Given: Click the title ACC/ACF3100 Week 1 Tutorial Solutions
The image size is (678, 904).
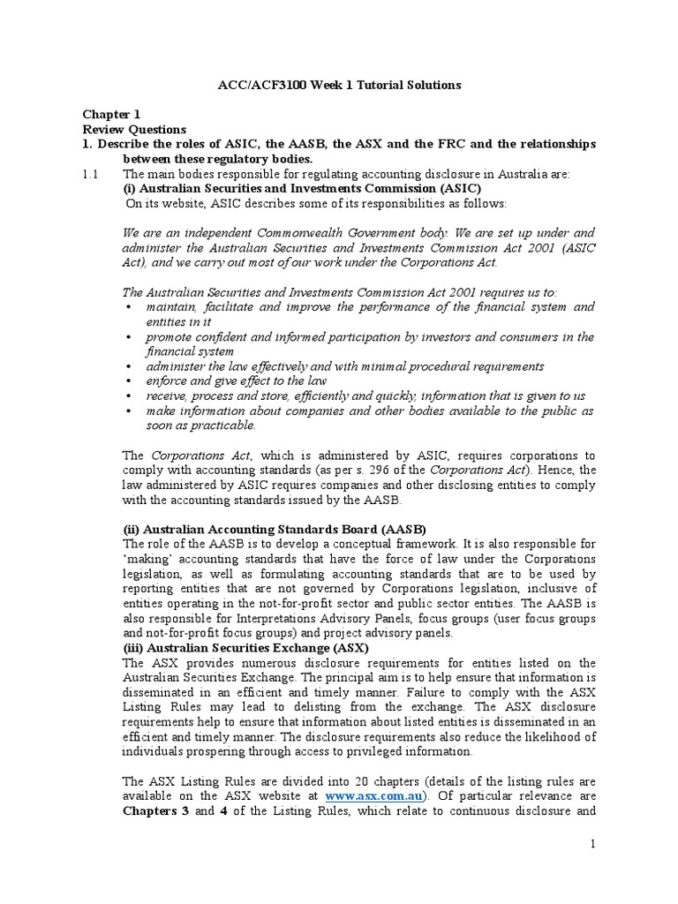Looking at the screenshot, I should pos(339,86).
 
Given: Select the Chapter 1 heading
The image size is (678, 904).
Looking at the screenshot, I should pos(111,115).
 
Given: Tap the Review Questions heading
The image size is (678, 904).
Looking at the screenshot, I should pos(134,129).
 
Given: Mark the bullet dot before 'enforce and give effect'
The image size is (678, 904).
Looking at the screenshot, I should pos(129,380).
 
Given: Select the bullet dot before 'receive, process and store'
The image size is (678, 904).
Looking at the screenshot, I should pos(129,395).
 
